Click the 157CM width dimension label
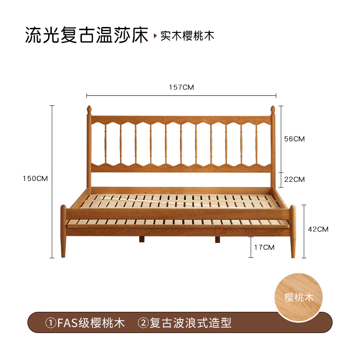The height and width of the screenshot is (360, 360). pyautogui.click(x=181, y=87)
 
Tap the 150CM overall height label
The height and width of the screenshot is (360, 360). pyautogui.click(x=35, y=179)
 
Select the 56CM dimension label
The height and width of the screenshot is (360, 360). pyautogui.click(x=294, y=139)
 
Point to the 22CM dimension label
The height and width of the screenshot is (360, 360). pyautogui.click(x=294, y=180)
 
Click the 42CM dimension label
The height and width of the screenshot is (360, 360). pyautogui.click(x=318, y=229)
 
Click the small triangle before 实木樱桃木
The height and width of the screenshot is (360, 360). pyautogui.click(x=156, y=36)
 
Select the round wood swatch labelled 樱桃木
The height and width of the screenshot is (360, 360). pyautogui.click(x=299, y=297)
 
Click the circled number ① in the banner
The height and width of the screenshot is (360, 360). pyautogui.click(x=50, y=323)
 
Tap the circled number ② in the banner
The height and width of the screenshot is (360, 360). pyautogui.click(x=143, y=323)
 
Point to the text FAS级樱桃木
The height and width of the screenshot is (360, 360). pyautogui.click(x=90, y=323)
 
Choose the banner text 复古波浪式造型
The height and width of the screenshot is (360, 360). pyautogui.click(x=190, y=323)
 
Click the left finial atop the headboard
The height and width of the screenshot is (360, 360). pyautogui.click(x=89, y=110)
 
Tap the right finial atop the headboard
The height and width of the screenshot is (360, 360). pyautogui.click(x=272, y=110)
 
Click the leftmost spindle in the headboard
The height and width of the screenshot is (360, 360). pyautogui.click(x=105, y=144)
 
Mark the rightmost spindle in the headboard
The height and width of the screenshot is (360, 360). pyautogui.click(x=257, y=144)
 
